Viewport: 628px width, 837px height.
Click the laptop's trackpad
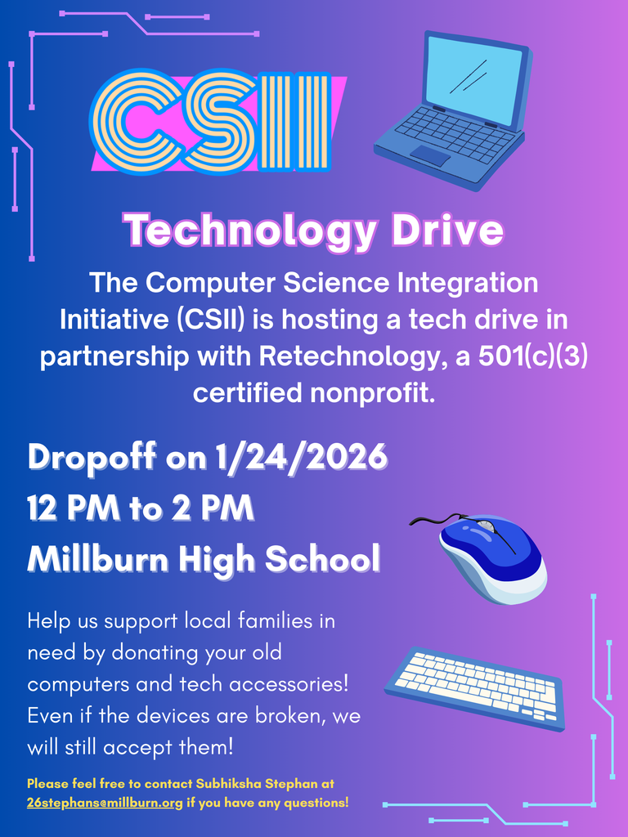[430, 155]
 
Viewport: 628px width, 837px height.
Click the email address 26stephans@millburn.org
[105, 803]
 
